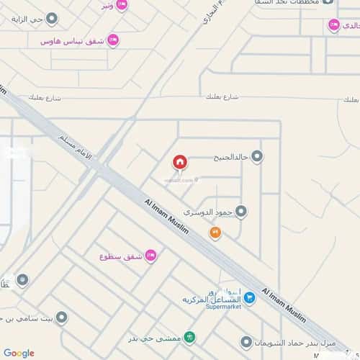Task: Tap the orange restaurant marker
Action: pyautogui.click(x=215, y=233)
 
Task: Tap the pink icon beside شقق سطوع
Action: pyautogui.click(x=150, y=254)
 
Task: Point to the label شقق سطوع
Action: pyautogui.click(x=122, y=255)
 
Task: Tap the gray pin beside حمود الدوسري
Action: pyautogui.click(x=241, y=212)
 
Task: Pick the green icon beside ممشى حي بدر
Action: pyautogui.click(x=189, y=336)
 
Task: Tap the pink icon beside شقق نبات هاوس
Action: pyautogui.click(x=113, y=41)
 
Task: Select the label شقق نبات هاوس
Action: pyautogui.click(x=73, y=42)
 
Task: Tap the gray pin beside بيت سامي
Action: pyautogui.click(x=63, y=316)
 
